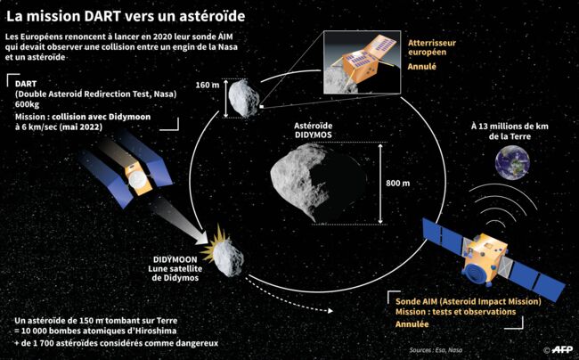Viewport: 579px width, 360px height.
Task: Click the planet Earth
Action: tap(512, 162)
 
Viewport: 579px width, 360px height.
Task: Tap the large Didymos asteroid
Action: tap(318, 183)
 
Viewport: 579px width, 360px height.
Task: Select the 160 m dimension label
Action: tap(208, 85)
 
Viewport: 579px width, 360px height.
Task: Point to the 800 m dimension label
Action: tap(397, 184)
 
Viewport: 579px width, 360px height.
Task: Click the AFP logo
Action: tap(562, 349)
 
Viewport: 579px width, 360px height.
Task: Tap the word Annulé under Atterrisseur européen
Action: tap(421, 67)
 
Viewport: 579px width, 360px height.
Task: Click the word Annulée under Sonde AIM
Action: tap(412, 324)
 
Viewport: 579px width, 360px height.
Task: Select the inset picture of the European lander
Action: tap(362, 62)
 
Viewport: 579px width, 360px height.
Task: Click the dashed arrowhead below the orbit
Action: tap(330, 311)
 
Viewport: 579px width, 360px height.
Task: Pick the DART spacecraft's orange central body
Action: tap(138, 180)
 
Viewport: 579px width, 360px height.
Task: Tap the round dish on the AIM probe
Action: tap(480, 272)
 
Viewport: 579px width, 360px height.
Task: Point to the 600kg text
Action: tap(27, 104)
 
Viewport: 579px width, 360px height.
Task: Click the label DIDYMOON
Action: tap(175, 259)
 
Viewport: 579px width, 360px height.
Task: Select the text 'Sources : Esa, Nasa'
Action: tap(436, 349)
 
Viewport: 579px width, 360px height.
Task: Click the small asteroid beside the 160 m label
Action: tap(243, 99)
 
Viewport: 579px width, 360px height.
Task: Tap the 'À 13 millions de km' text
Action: tap(510, 127)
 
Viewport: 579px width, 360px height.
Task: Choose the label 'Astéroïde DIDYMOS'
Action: tap(314, 130)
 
